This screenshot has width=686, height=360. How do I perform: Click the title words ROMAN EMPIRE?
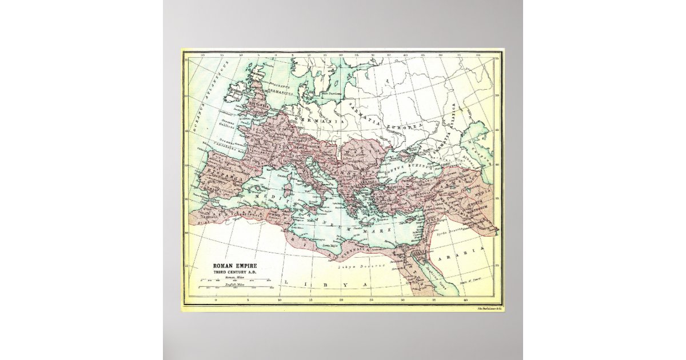[235, 266]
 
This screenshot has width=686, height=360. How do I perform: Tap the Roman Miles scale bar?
[235, 281]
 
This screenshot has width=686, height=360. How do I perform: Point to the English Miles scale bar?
[235, 288]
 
